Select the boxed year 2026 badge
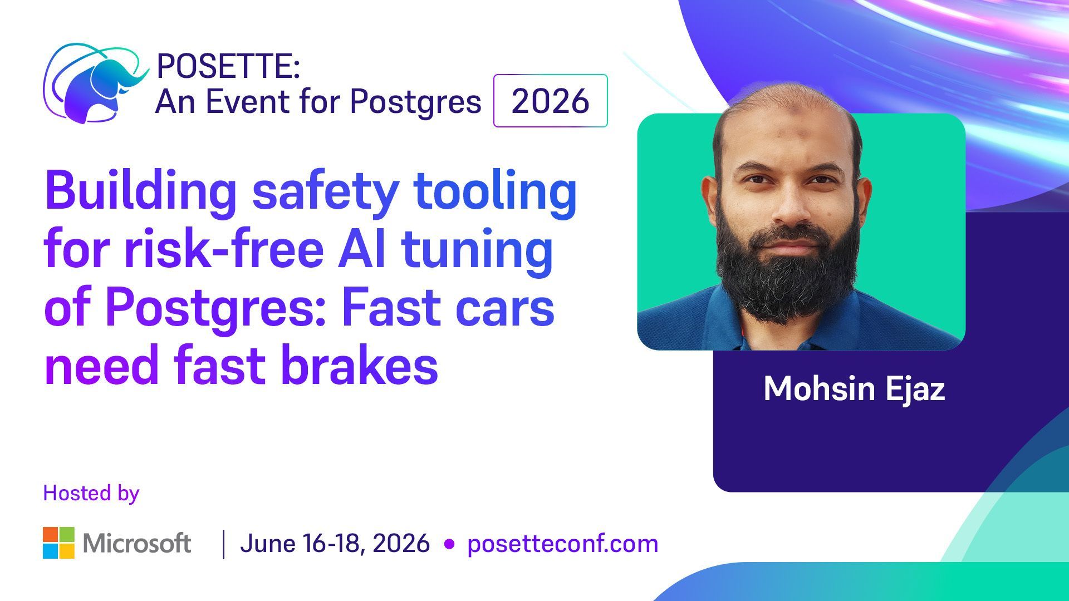coord(550,101)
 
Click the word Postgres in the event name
coord(415,102)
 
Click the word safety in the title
coord(325,191)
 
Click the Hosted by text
coord(91,493)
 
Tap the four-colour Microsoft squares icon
coord(58,543)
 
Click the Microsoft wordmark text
coord(137,543)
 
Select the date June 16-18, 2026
coord(335,543)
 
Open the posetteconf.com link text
coord(562,543)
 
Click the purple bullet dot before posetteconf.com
coord(449,544)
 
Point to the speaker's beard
coord(788,278)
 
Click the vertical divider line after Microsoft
coord(224,544)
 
